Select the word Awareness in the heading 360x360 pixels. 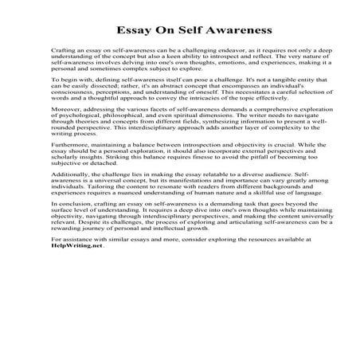pos(216,31)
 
